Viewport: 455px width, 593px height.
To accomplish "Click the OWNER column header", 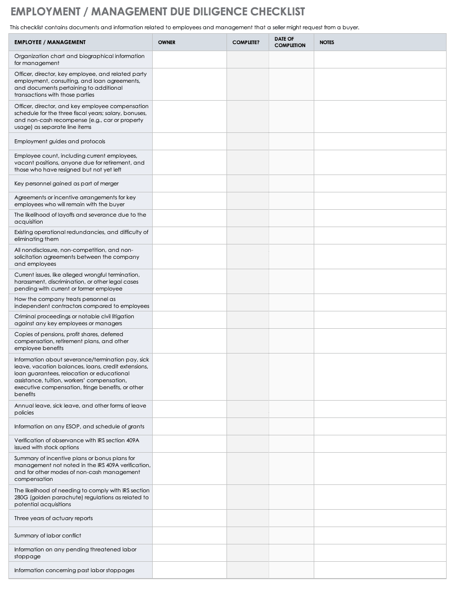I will [x=167, y=43].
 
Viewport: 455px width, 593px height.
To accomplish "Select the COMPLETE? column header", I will [x=245, y=43].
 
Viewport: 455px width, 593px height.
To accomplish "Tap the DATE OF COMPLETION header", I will [x=290, y=42].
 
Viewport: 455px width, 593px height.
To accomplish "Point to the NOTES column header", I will [x=327, y=43].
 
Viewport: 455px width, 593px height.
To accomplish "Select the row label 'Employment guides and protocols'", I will [x=59, y=141].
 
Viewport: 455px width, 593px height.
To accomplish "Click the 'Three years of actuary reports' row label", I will [x=54, y=518].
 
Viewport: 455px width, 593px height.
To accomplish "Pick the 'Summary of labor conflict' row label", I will [x=48, y=535].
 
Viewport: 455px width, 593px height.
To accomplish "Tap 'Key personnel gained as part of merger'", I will [x=66, y=183].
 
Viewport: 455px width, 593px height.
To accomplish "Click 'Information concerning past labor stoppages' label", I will [x=74, y=570].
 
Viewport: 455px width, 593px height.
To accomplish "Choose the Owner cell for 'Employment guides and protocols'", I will [x=189, y=141].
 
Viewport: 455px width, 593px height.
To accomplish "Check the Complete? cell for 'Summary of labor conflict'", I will [x=248, y=535].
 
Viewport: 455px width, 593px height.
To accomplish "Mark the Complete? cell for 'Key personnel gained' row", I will [x=248, y=183].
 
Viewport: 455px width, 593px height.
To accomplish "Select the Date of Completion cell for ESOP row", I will [x=291, y=426].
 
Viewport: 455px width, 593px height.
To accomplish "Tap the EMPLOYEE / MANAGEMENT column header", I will [x=50, y=43].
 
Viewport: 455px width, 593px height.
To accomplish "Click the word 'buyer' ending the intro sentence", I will [x=350, y=28].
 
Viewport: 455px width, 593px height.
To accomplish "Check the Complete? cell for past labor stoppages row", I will [x=248, y=570].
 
